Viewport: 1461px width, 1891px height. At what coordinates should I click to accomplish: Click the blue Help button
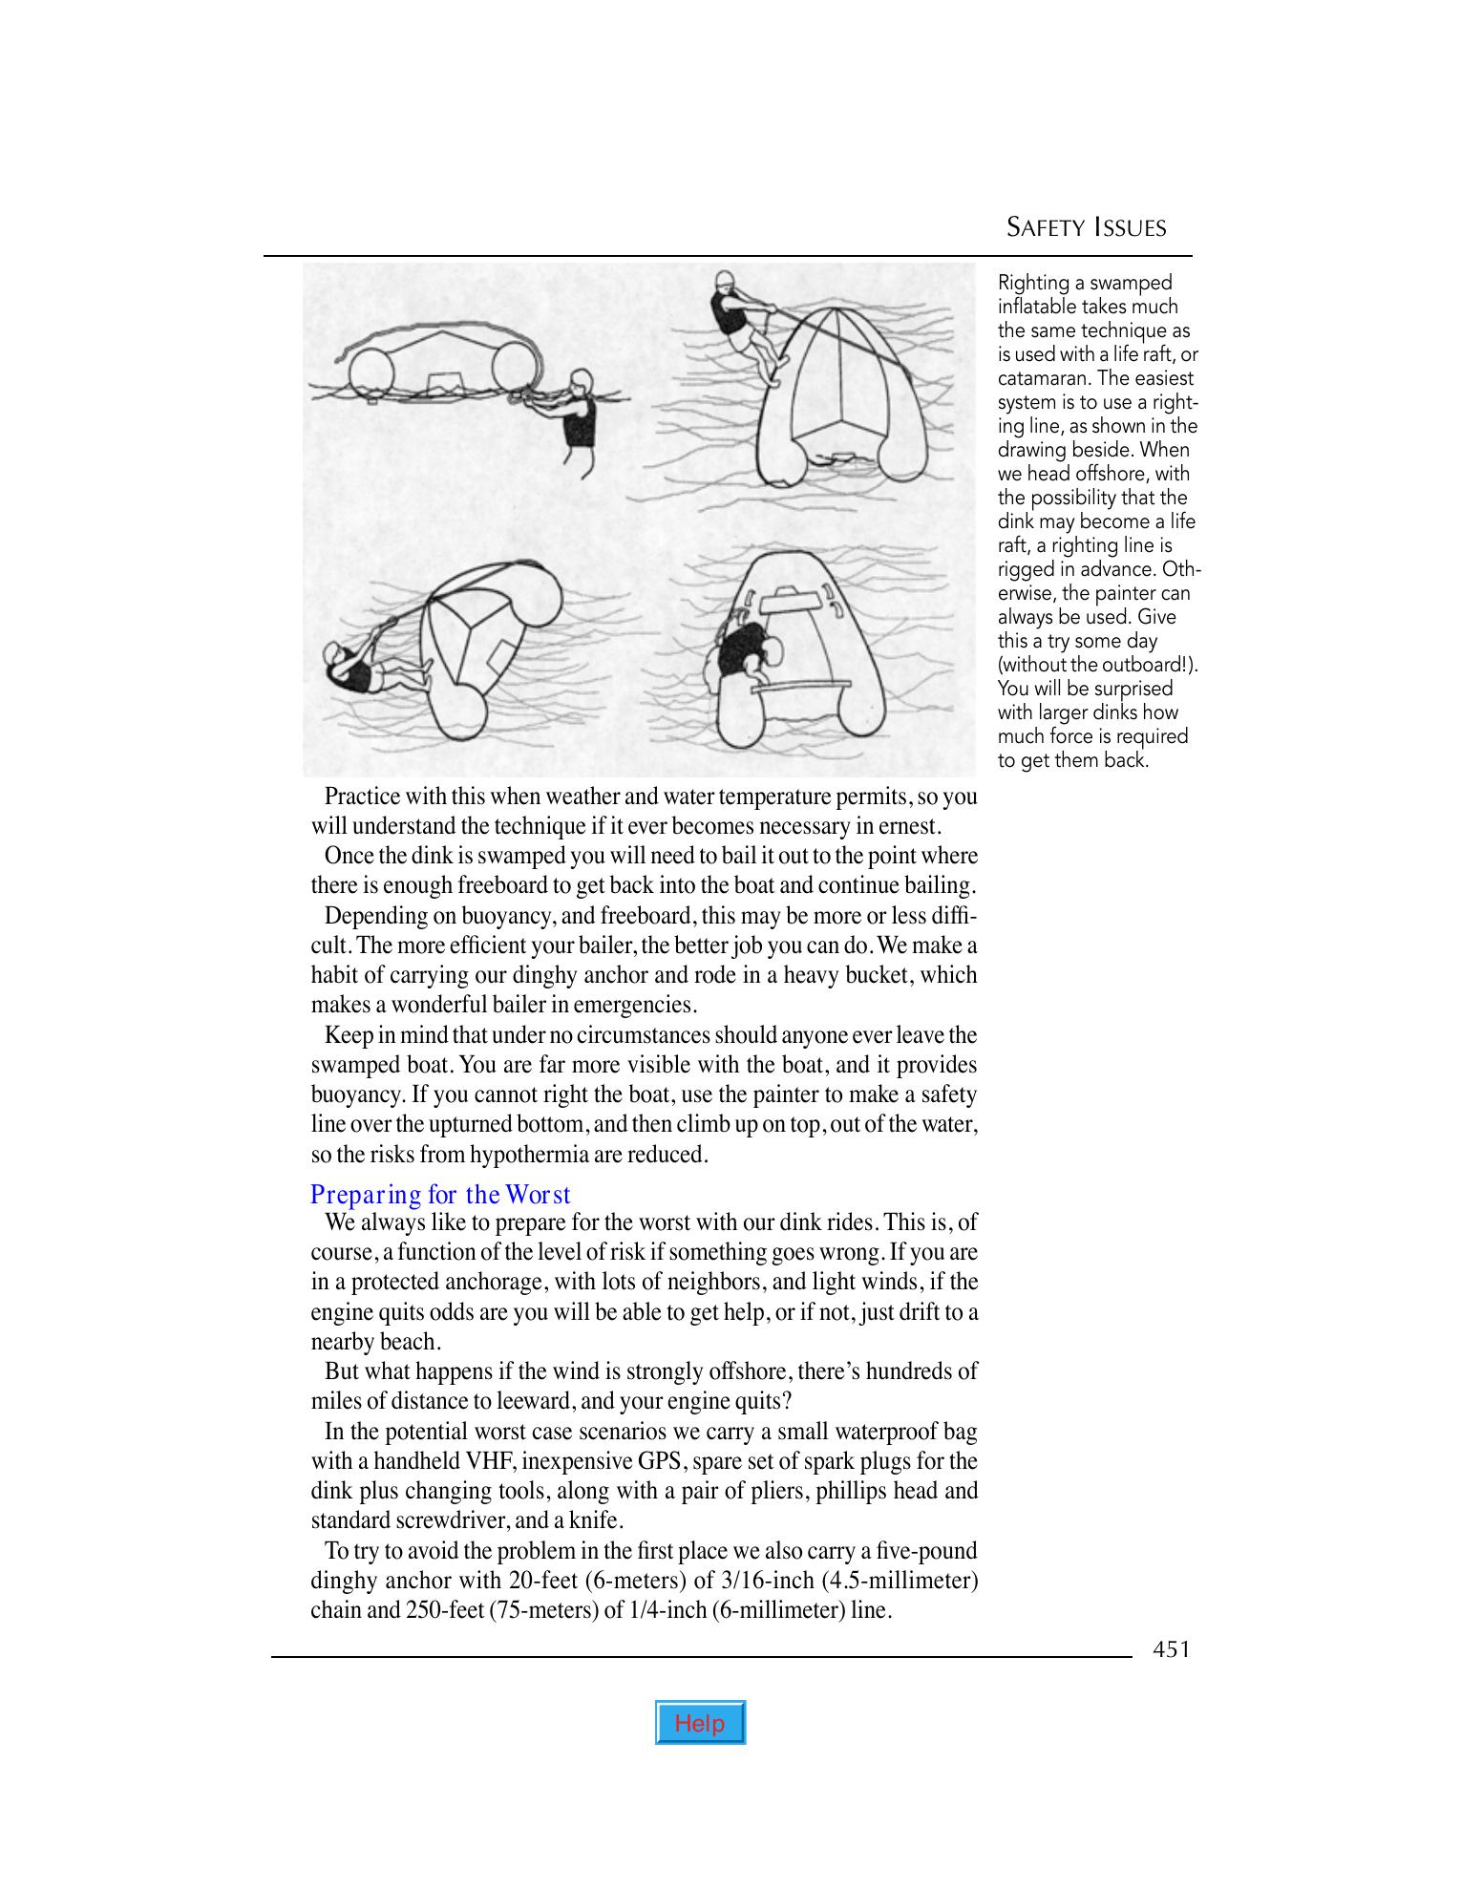point(700,1722)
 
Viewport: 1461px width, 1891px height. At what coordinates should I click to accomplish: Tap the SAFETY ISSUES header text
point(1086,227)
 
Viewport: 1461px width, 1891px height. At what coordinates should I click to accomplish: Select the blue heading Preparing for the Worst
point(440,1195)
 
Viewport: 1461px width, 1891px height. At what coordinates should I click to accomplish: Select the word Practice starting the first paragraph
point(362,796)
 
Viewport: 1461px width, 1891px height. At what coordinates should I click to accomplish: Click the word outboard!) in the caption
point(1152,665)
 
